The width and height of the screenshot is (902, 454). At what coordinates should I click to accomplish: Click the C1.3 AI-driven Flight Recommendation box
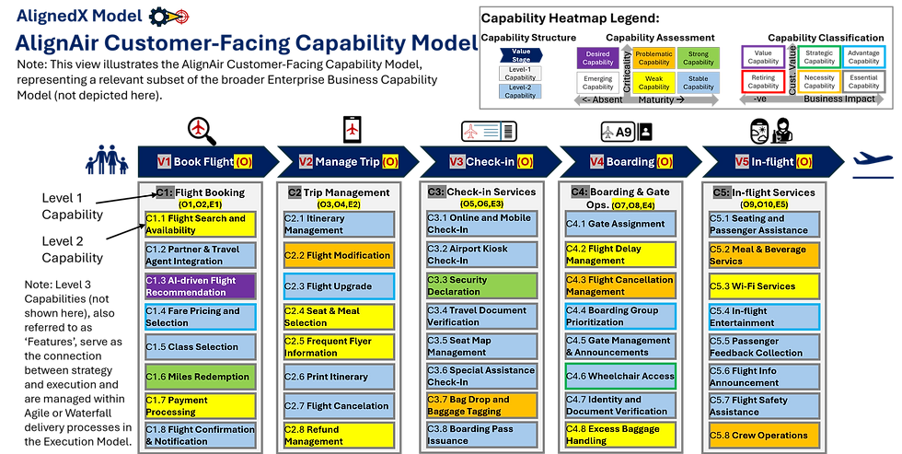click(x=200, y=286)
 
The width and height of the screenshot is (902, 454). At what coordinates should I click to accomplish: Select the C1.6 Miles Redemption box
click(x=200, y=376)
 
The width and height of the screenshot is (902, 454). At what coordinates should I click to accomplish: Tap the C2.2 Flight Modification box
click(x=338, y=255)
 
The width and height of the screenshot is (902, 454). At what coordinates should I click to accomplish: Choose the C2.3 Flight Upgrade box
click(x=338, y=286)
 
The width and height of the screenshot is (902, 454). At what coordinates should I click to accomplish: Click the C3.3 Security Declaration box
click(x=480, y=285)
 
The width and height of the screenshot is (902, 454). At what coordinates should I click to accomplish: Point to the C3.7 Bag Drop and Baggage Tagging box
click(x=480, y=405)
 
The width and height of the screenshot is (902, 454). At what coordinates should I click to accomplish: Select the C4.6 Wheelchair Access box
click(x=619, y=376)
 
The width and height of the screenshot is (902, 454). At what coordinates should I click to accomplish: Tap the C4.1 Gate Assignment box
click(x=619, y=224)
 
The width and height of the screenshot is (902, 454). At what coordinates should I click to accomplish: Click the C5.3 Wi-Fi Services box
click(x=763, y=286)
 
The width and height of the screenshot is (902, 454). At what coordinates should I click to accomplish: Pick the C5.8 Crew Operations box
click(x=763, y=436)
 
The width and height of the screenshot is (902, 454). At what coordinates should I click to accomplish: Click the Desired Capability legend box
click(x=597, y=58)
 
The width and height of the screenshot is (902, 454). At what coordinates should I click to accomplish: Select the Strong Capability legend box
click(x=699, y=58)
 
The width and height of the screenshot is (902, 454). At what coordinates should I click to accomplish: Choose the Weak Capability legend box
click(x=653, y=85)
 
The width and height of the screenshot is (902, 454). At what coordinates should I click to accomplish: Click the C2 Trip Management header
click(x=338, y=192)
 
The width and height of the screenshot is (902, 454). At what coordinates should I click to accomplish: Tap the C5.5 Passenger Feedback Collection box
click(x=763, y=346)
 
